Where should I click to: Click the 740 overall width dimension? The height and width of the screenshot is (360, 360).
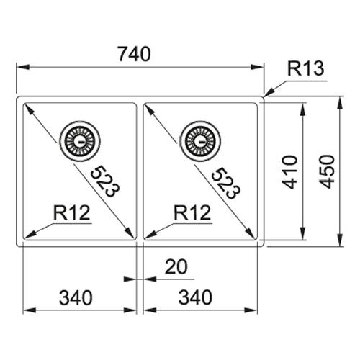(135, 54)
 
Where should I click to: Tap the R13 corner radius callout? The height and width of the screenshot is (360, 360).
(305, 68)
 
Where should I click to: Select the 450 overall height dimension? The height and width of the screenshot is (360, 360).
(328, 171)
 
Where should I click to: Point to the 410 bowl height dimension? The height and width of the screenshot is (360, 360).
(290, 172)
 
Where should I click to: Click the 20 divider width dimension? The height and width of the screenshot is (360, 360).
(176, 266)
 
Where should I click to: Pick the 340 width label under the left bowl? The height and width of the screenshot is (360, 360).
(76, 297)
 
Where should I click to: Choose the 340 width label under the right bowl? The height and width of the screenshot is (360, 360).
(195, 297)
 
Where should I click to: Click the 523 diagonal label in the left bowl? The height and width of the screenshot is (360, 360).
(104, 181)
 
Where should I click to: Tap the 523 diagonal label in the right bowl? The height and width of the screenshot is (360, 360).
(225, 183)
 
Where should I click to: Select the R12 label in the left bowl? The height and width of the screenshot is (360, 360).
(71, 212)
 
